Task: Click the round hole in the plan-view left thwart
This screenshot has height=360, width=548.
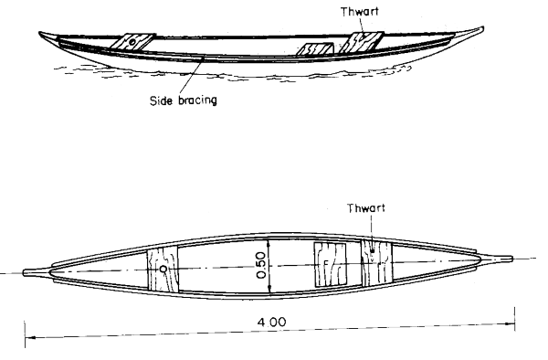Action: click(163, 270)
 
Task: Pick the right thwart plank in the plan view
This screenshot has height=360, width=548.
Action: click(375, 263)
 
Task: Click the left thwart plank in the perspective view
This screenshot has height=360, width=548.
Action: click(128, 43)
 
